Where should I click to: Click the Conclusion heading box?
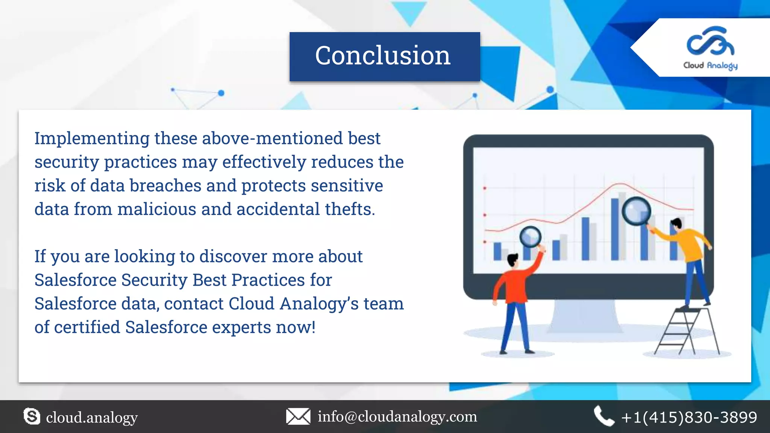pyautogui.click(x=384, y=56)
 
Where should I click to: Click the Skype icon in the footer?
pyautogui.click(x=32, y=416)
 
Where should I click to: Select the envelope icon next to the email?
pyautogui.click(x=298, y=416)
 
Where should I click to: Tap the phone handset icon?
pyautogui.click(x=603, y=416)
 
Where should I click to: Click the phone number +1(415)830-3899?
pyautogui.click(x=689, y=417)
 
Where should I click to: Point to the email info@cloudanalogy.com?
pyautogui.click(x=397, y=416)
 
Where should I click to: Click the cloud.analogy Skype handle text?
pyautogui.click(x=92, y=418)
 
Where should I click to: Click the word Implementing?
pyautogui.click(x=92, y=138)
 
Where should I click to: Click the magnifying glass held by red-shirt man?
pyautogui.click(x=530, y=237)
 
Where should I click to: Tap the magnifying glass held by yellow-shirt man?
pyautogui.click(x=636, y=211)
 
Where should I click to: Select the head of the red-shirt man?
pyautogui.click(x=512, y=260)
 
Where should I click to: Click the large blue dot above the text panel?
pyautogui.click(x=221, y=93)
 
